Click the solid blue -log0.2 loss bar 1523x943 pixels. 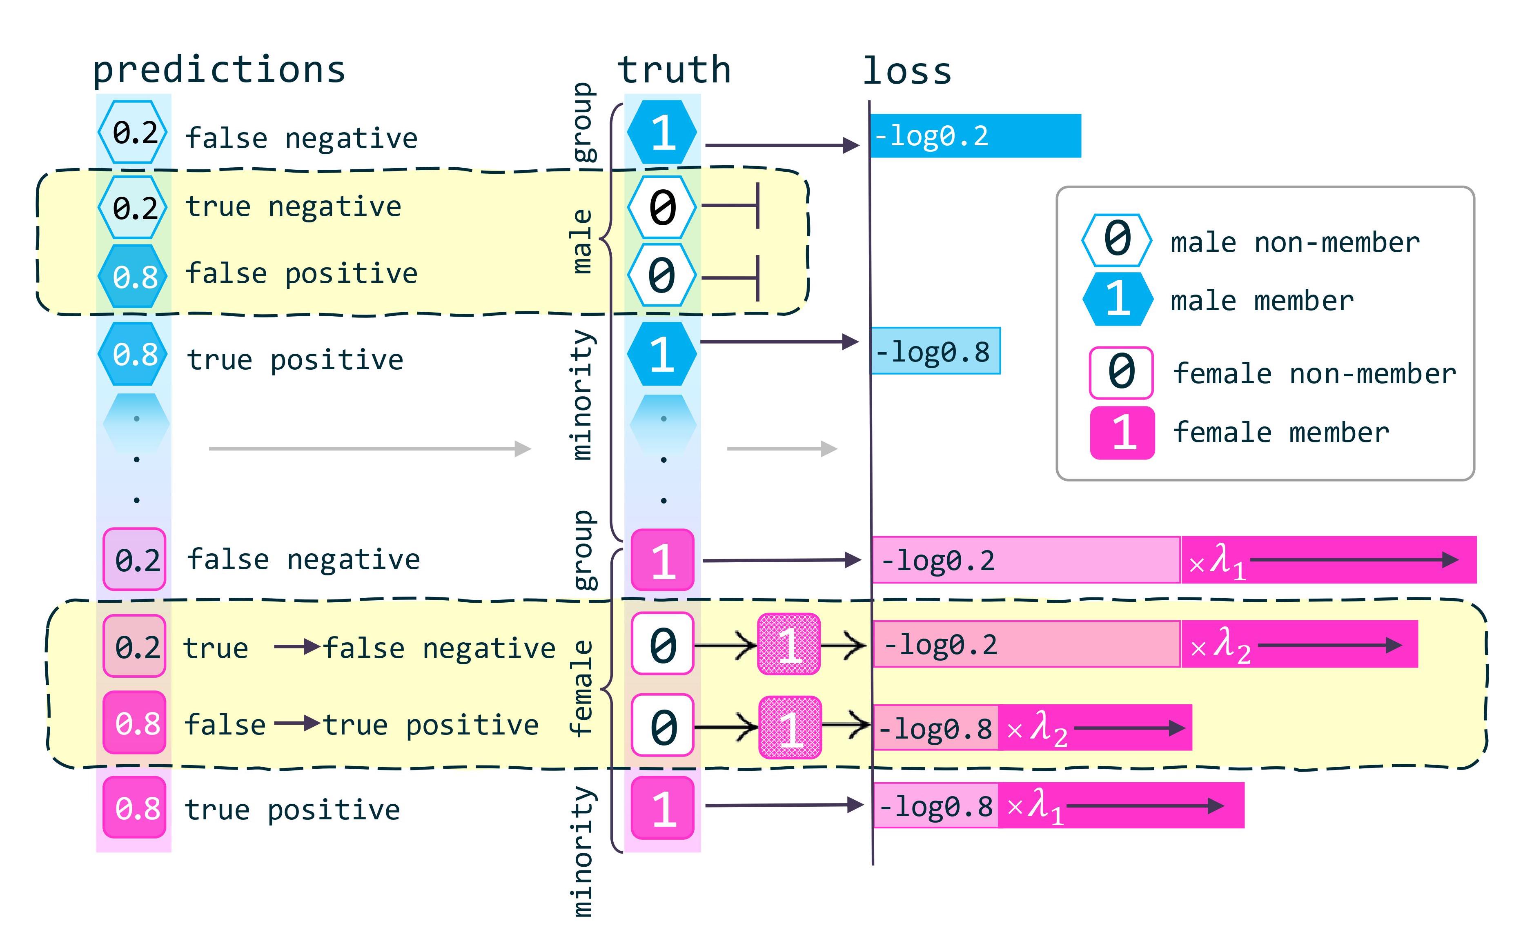[975, 135]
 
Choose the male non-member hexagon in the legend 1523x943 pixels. [1116, 240]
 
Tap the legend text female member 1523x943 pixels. [1280, 432]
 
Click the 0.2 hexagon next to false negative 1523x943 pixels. [133, 132]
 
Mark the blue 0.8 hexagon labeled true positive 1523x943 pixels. [133, 354]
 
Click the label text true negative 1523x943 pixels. [293, 206]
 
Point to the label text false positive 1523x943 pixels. [301, 273]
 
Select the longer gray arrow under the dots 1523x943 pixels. [370, 448]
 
